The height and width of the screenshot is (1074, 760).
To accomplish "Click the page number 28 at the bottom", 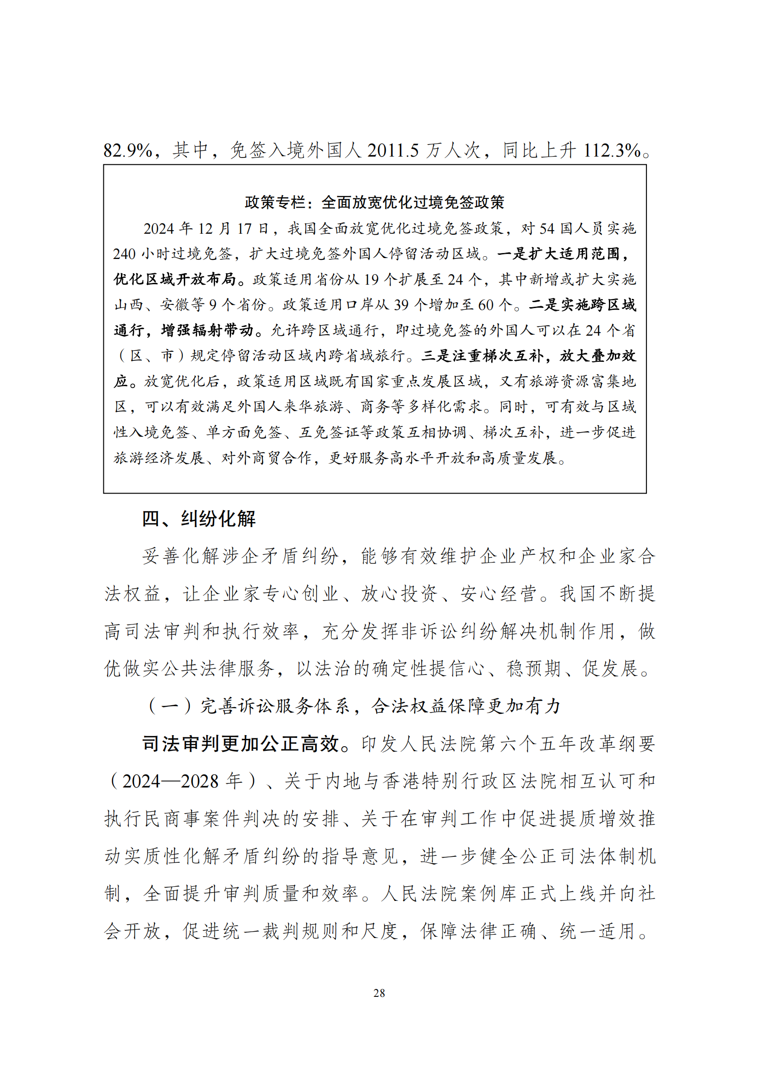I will pos(379,993).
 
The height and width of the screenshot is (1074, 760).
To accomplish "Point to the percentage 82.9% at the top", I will pos(128,151).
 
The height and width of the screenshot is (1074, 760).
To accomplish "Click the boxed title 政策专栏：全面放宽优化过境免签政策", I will pos(374,202).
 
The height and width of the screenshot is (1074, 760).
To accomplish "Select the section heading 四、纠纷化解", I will pos(199,519).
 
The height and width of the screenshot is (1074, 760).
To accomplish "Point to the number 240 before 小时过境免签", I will pos(125,254).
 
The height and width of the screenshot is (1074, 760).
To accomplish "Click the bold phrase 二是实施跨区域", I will pos(582,305).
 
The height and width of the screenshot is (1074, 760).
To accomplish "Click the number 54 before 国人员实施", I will pos(548,229).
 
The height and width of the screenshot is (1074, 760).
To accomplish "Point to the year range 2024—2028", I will pos(170,782).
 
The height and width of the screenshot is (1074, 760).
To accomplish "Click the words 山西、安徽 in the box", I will pos(159,305).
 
